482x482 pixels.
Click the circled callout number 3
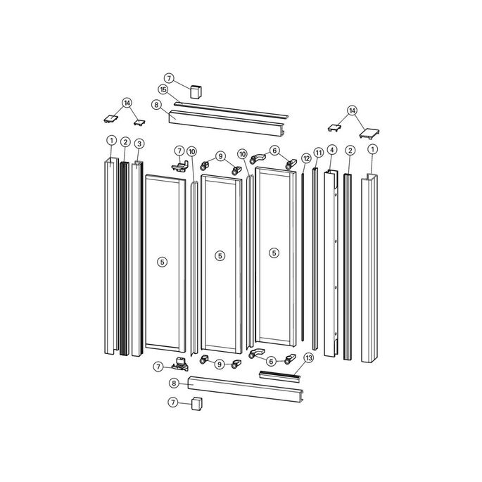139,144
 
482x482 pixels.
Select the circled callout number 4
331,151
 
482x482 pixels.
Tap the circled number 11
318,152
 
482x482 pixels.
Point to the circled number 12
306,158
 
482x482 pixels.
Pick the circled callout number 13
308,358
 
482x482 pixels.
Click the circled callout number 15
163,90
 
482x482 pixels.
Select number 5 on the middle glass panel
220,256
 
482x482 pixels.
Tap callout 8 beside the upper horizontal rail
156,105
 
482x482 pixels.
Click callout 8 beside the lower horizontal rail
174,383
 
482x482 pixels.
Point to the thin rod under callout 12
303,253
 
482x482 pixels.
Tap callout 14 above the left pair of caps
127,103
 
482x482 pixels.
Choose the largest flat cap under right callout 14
369,131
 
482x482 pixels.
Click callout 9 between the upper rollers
220,156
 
